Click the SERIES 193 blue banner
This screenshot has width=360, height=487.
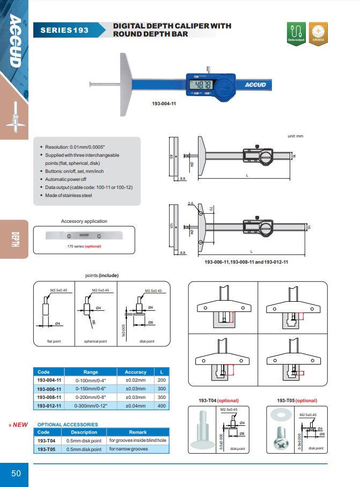(x=64, y=30)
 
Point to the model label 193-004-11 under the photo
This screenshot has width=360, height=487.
(x=164, y=104)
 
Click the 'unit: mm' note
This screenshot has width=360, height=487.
(x=296, y=136)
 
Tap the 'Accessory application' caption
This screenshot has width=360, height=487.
(x=84, y=221)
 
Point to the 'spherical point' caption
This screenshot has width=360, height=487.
(x=95, y=341)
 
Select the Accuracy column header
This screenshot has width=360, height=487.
(x=135, y=372)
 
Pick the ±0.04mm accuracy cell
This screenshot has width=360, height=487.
(x=135, y=405)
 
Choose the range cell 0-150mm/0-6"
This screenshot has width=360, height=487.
(x=90, y=389)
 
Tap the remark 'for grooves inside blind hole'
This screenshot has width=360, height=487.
(x=137, y=440)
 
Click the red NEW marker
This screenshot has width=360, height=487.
(x=19, y=425)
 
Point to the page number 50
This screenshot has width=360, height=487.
(x=16, y=473)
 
